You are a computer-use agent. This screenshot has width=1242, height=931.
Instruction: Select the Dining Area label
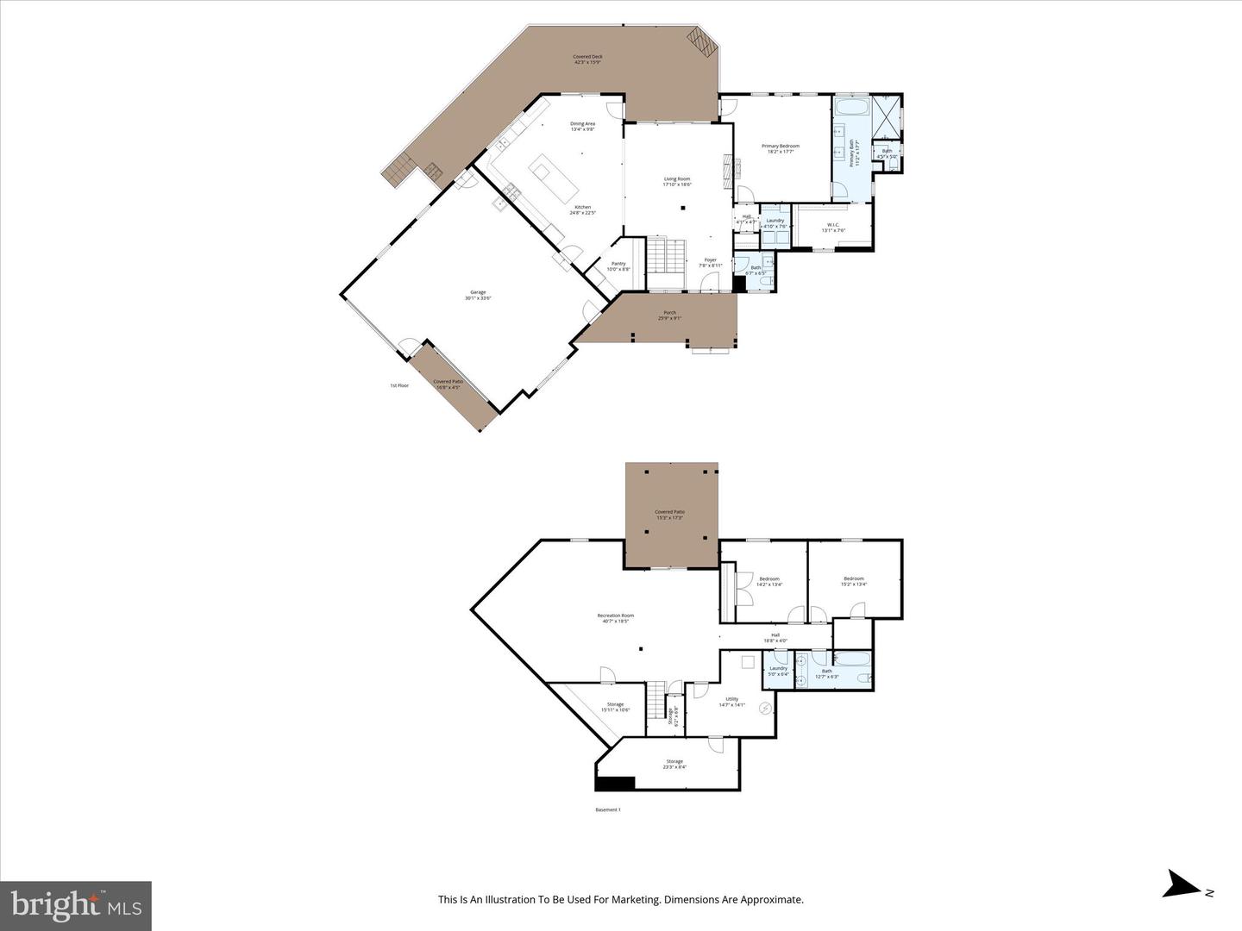tap(582, 126)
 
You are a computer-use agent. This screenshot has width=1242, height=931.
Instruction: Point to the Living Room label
tap(677, 181)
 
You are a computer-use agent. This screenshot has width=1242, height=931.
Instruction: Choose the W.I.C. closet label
tap(833, 227)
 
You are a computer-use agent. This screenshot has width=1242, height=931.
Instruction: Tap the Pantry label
tap(618, 266)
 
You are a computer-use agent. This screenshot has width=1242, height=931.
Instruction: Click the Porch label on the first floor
tap(669, 316)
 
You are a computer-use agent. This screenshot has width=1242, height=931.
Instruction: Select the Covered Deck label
tap(588, 59)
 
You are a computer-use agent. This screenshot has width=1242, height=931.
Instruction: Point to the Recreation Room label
tap(616, 618)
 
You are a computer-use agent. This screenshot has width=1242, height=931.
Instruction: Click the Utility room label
tap(731, 702)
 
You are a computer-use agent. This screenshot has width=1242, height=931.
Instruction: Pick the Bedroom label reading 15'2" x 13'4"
tap(854, 581)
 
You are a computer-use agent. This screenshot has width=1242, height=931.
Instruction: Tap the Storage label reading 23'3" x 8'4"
tap(674, 764)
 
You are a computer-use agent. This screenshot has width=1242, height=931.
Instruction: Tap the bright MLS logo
tap(76, 905)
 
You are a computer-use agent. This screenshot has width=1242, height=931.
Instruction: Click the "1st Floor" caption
tap(399, 385)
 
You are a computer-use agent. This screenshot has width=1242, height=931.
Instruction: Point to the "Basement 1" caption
tap(608, 809)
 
